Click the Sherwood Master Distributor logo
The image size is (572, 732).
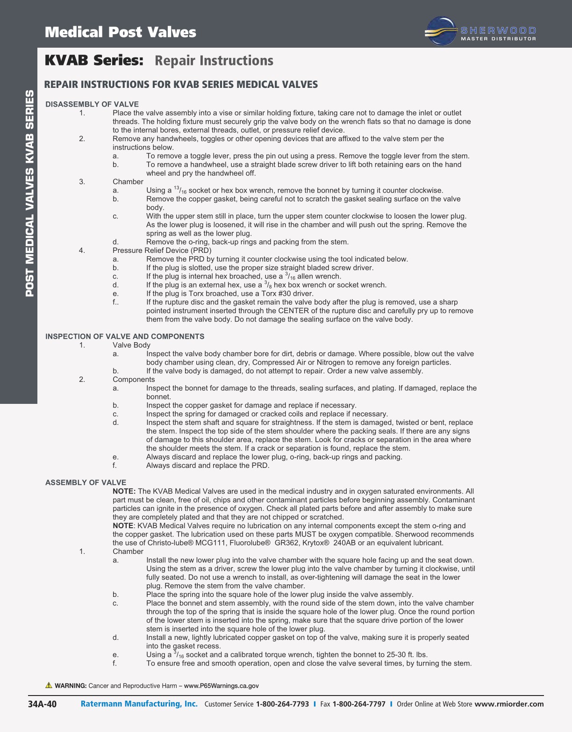[x=481, y=32]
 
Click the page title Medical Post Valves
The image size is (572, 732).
[x=121, y=32]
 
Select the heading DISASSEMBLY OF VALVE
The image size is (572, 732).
[x=92, y=104]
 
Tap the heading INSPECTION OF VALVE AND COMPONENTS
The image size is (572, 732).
[x=125, y=337]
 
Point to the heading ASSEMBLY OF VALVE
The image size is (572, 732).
[x=86, y=482]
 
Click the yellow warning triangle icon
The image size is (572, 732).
[x=49, y=685]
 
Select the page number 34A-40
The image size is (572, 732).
[x=43, y=704]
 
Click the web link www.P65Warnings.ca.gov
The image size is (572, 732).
[x=221, y=686]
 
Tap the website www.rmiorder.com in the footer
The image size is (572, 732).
[x=509, y=704]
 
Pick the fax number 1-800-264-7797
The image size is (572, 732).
[x=359, y=704]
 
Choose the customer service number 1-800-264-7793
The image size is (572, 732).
[x=282, y=704]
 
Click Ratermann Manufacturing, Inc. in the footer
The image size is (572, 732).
[x=139, y=704]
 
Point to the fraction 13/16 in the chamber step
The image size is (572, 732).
[x=180, y=190]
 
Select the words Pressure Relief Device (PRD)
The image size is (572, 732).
[x=162, y=251]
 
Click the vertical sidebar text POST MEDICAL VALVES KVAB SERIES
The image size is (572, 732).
[x=29, y=193]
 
